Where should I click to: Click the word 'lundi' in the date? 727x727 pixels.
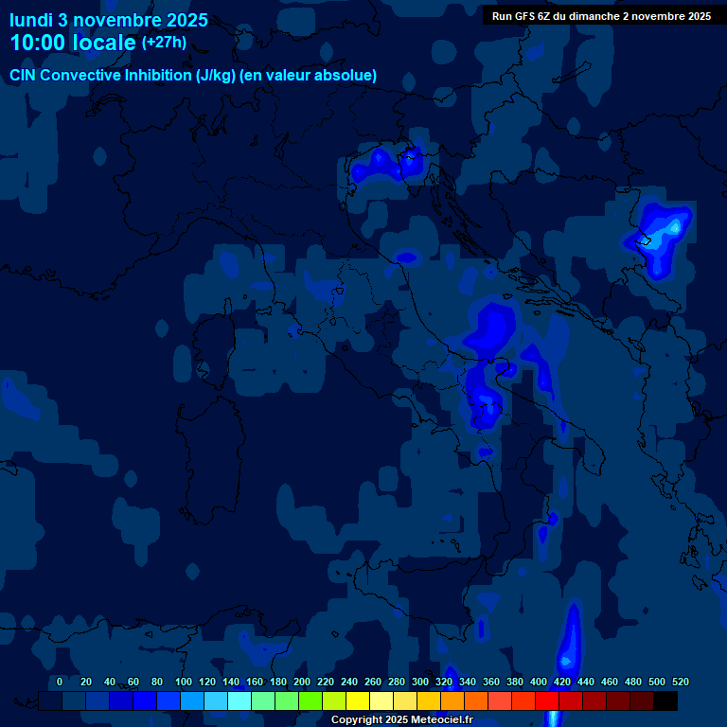pyautogui.click(x=31, y=20)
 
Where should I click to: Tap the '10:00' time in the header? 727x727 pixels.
pyautogui.click(x=38, y=43)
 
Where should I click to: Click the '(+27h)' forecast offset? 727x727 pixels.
pyautogui.click(x=165, y=43)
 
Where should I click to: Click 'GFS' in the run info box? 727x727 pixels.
pyautogui.click(x=523, y=16)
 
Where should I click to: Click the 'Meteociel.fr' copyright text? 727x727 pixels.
pyautogui.click(x=436, y=719)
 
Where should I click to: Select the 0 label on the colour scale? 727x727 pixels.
pyautogui.click(x=60, y=682)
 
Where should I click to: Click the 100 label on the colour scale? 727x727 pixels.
pyautogui.click(x=184, y=682)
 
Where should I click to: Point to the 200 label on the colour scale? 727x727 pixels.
pyautogui.click(x=302, y=682)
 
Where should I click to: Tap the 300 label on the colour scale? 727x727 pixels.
pyautogui.click(x=420, y=682)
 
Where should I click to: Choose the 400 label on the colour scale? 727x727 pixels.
pyautogui.click(x=539, y=682)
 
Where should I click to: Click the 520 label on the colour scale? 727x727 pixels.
pyautogui.click(x=680, y=682)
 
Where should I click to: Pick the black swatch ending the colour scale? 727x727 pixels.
pyautogui.click(x=665, y=700)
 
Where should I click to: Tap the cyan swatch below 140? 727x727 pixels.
pyautogui.click(x=239, y=700)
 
